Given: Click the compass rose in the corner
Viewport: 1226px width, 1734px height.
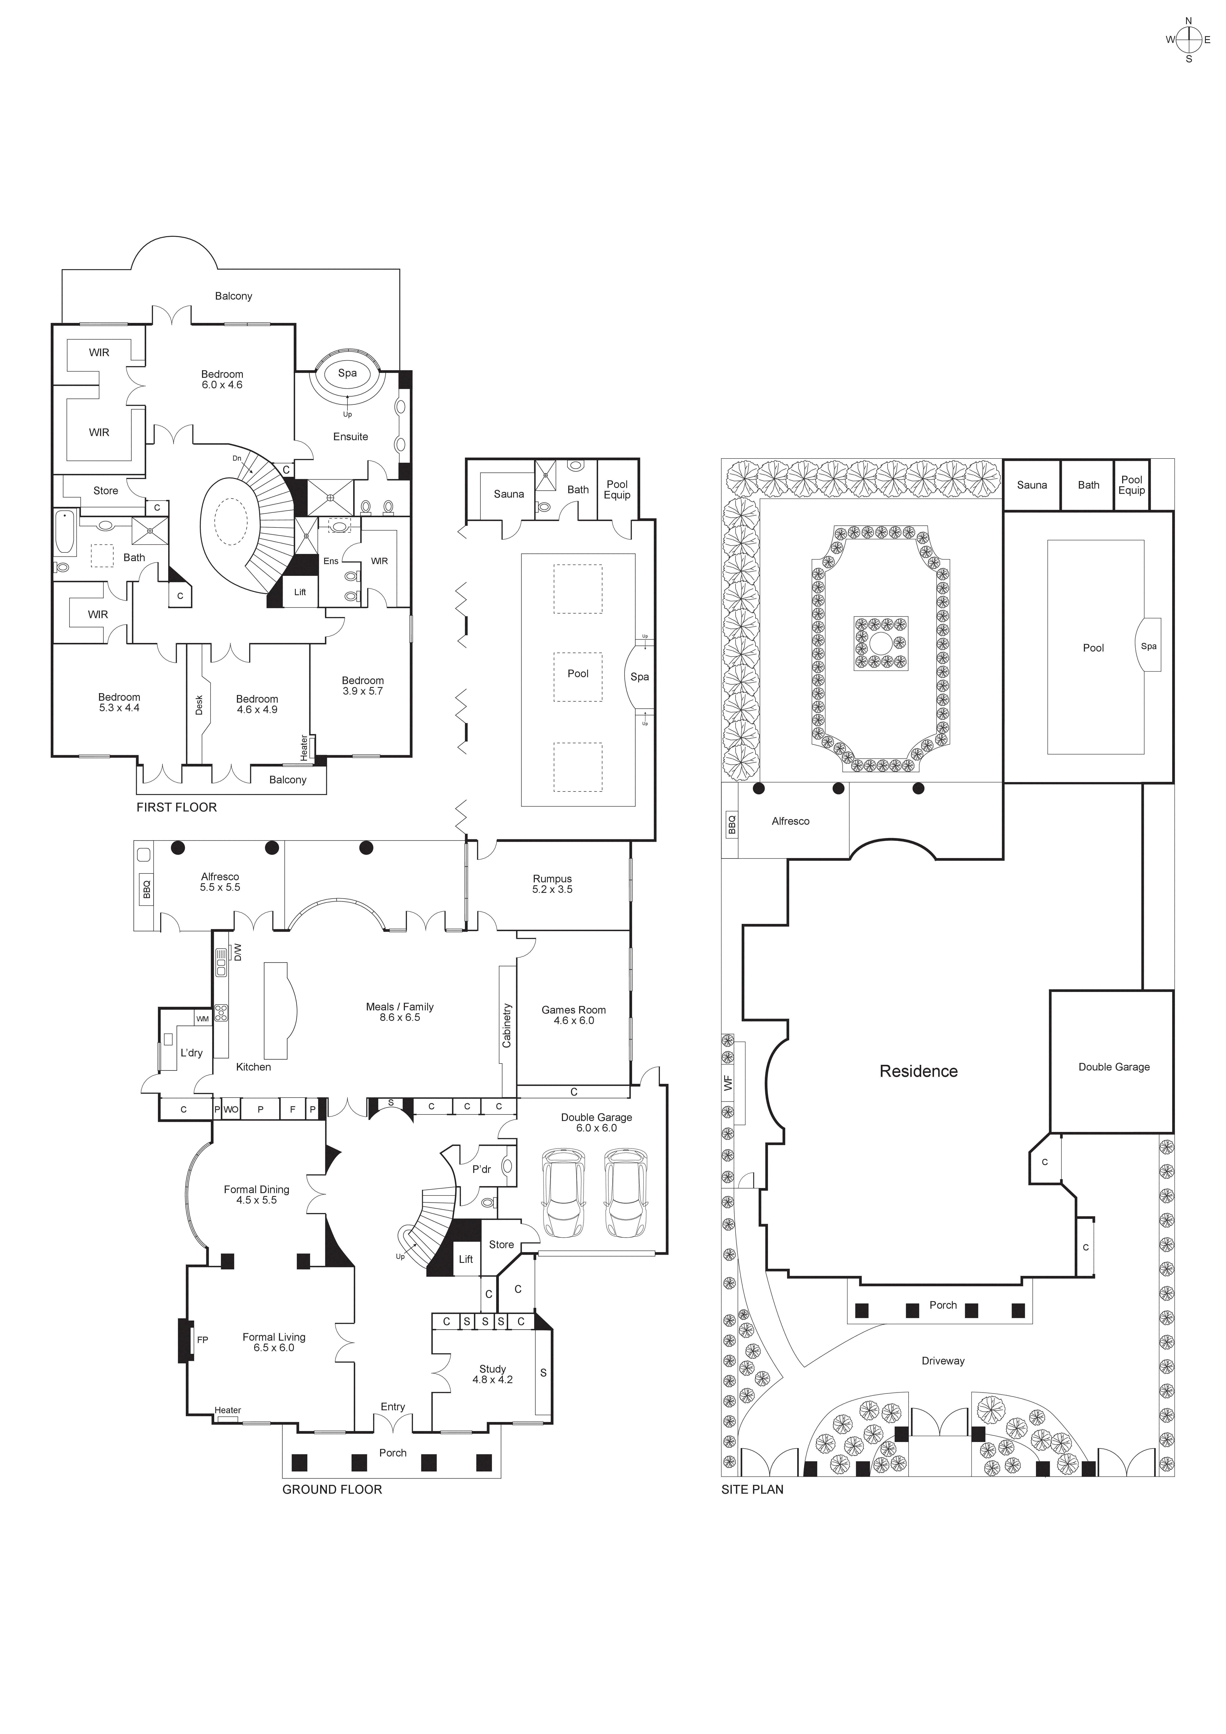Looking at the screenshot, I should point(1188,39).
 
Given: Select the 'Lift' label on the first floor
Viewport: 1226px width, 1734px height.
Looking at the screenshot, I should point(300,592).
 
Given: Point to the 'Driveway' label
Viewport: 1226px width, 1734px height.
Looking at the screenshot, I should point(943,1361).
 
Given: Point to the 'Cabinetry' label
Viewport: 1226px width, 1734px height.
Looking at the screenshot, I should point(507,1025).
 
